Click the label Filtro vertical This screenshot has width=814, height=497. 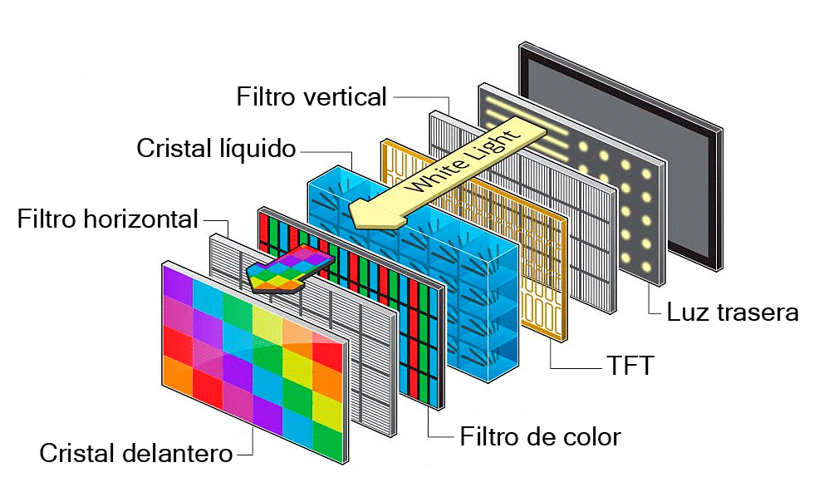(x=311, y=96)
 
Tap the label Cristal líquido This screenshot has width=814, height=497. (x=216, y=148)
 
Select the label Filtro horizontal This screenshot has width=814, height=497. (x=107, y=219)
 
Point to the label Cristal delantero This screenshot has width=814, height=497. (x=136, y=453)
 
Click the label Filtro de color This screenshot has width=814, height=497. (x=541, y=436)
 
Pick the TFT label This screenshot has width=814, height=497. (x=630, y=365)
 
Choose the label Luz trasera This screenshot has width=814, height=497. (x=733, y=312)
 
